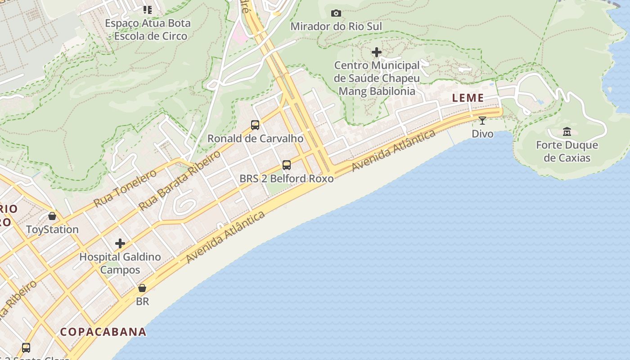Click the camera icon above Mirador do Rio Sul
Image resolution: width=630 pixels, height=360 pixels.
click(x=336, y=13)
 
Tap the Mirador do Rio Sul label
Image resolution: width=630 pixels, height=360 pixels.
click(x=336, y=27)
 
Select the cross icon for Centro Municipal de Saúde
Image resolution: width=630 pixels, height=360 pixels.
click(x=377, y=53)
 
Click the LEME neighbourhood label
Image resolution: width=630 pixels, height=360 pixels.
click(x=468, y=98)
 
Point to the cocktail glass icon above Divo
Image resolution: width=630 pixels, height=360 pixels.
click(x=482, y=121)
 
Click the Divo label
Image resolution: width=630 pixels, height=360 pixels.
click(x=482, y=134)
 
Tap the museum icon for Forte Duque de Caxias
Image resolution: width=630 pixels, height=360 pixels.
click(x=567, y=132)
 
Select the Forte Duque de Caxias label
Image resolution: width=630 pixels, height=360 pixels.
click(x=567, y=152)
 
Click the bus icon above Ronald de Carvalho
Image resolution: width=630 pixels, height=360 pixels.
click(x=255, y=125)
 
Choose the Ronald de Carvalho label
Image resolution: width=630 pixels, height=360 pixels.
click(x=255, y=139)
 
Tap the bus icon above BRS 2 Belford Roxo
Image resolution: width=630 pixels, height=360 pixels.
click(x=287, y=165)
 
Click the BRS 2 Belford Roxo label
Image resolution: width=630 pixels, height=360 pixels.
click(x=287, y=179)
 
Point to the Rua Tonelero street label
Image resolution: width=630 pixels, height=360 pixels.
click(x=125, y=189)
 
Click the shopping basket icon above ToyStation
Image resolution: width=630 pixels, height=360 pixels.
click(x=52, y=216)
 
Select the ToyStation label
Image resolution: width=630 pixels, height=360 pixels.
click(x=52, y=229)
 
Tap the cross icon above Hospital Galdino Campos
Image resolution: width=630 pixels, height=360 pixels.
click(x=120, y=244)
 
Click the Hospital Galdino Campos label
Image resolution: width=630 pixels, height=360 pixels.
click(x=120, y=264)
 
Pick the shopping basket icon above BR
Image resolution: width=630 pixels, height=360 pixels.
click(x=142, y=288)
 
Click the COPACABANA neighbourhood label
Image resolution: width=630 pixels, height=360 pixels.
click(x=103, y=332)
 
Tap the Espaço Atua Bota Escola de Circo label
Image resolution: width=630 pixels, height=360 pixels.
click(x=148, y=30)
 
